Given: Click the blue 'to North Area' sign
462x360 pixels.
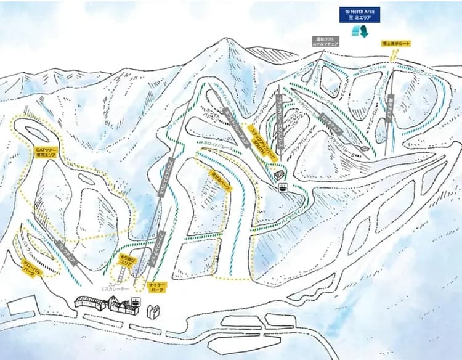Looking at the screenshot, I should point(360,14).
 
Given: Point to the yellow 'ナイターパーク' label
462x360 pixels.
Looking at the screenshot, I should point(156,286).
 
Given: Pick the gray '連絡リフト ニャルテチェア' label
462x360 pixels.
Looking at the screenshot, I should point(326,43).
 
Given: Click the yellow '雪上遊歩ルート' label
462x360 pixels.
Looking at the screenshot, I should point(396,44).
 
